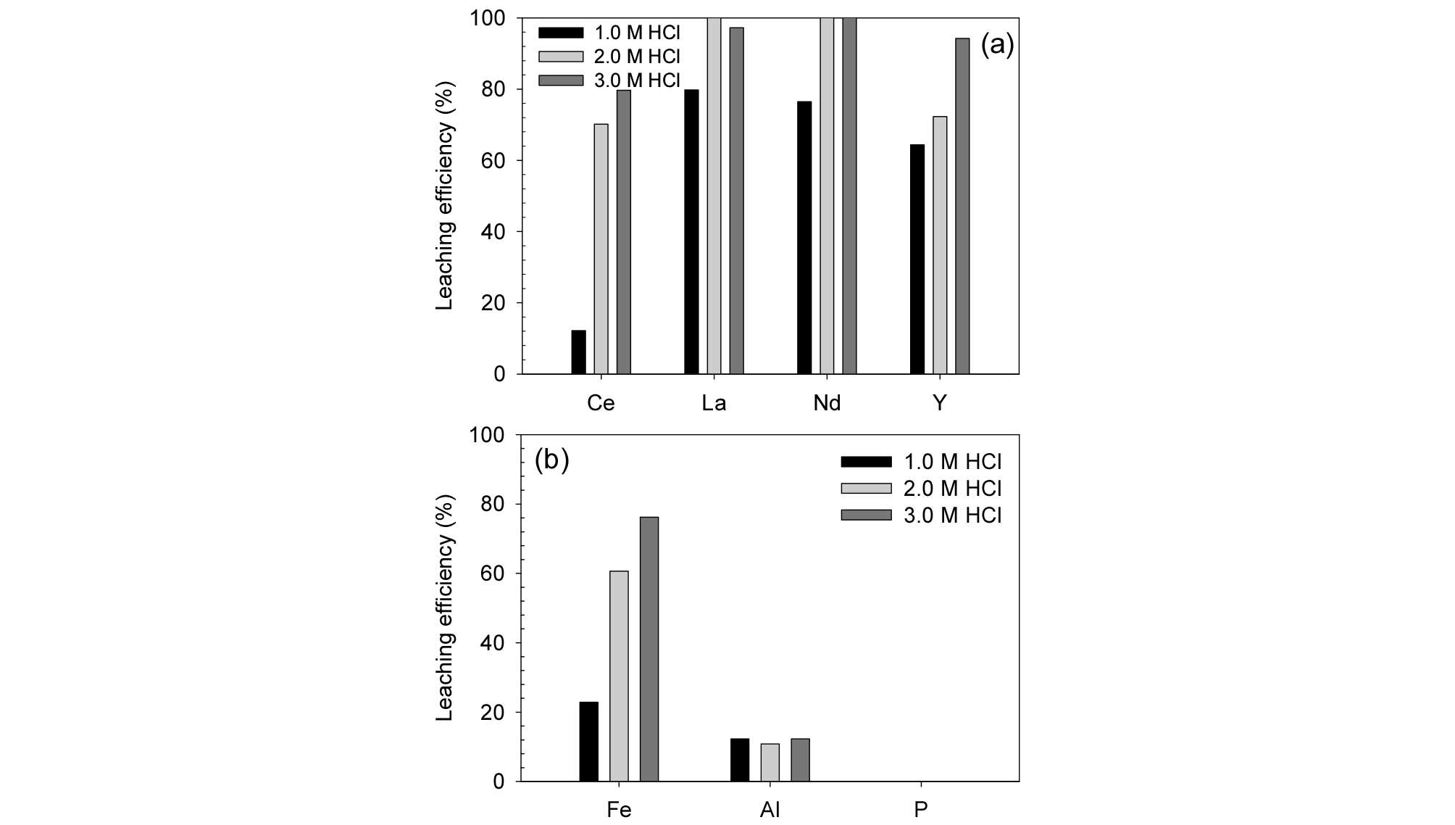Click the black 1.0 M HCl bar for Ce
click(578, 352)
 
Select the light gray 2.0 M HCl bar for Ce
click(601, 249)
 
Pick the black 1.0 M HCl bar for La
click(691, 232)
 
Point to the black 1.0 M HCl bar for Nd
click(804, 238)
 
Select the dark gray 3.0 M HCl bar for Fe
click(649, 649)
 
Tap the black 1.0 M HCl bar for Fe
click(589, 741)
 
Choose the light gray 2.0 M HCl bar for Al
click(770, 762)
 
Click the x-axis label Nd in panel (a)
click(827, 403)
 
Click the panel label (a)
click(997, 45)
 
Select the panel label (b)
click(551, 460)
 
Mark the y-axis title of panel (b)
click(445, 608)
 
